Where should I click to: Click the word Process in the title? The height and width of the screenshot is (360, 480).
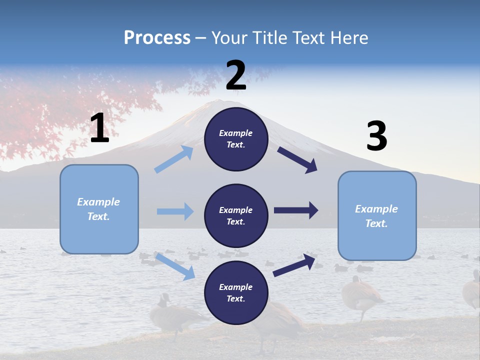click(x=157, y=38)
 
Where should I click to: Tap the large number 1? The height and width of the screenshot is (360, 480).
click(x=99, y=128)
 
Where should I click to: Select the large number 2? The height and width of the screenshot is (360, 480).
click(x=236, y=75)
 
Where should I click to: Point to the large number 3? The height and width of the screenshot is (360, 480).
click(x=376, y=136)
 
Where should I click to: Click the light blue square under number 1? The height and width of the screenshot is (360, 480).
click(x=99, y=209)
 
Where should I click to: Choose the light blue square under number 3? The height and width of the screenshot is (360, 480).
click(x=377, y=215)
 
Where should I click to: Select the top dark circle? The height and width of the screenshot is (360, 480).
click(x=236, y=139)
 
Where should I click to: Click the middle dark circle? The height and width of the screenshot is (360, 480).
click(x=236, y=215)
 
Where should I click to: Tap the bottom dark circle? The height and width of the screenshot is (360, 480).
click(x=236, y=292)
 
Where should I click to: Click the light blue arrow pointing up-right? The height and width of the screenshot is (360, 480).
click(x=174, y=159)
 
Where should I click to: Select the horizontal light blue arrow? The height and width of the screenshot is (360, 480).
click(x=175, y=211)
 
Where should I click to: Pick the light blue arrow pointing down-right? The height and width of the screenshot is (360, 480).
click(x=175, y=266)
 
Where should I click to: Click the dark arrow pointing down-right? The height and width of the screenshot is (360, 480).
click(x=297, y=160)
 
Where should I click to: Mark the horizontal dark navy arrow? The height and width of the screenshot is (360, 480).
click(x=296, y=210)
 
